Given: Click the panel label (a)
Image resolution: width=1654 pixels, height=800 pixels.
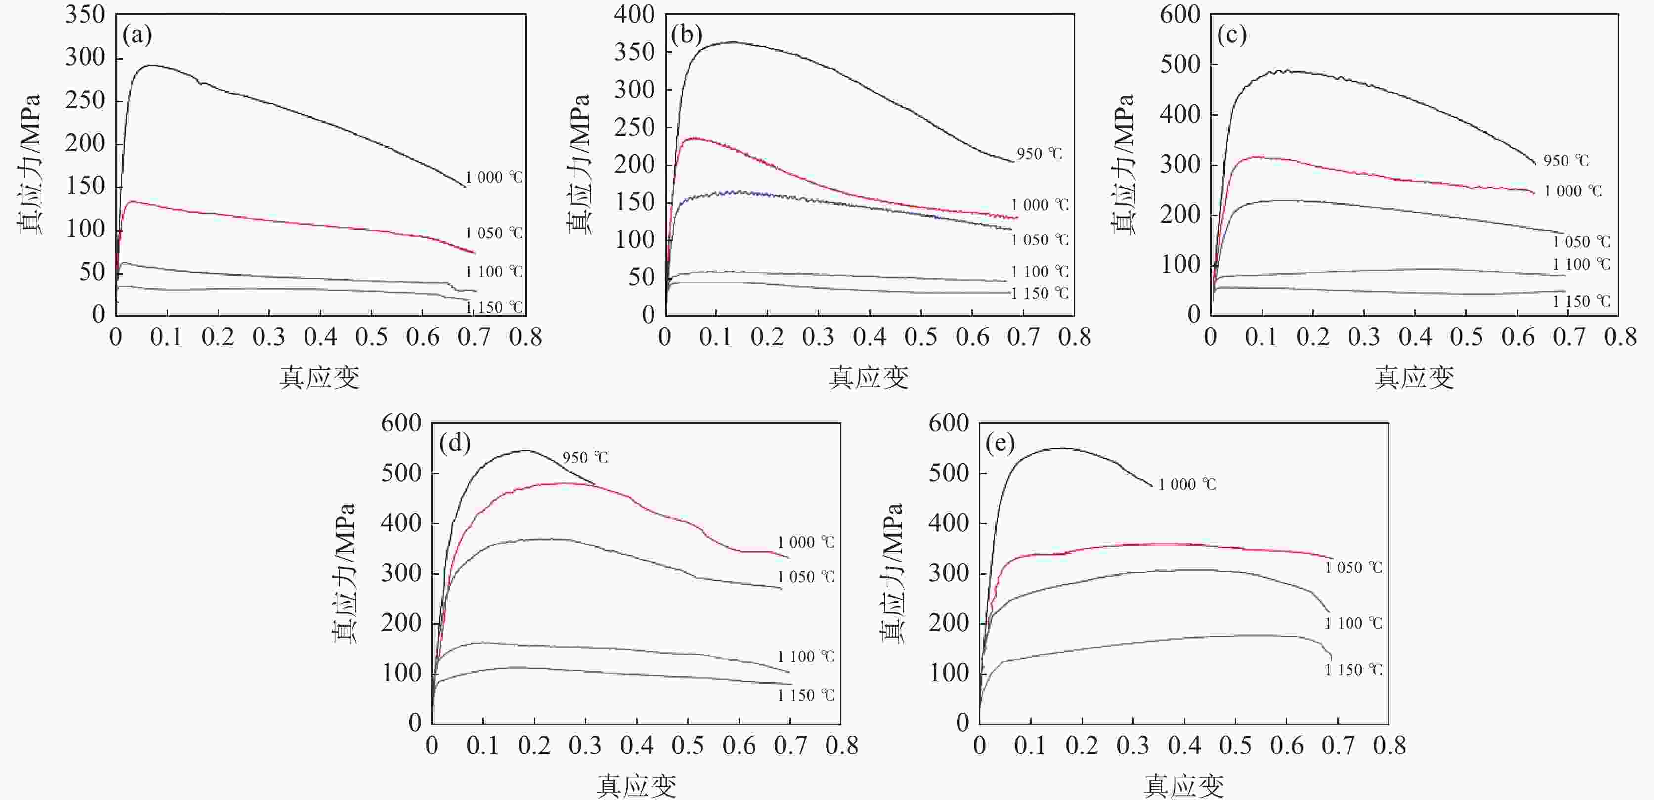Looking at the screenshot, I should pyautogui.click(x=137, y=35).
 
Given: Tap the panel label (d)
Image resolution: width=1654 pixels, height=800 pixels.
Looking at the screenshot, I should pyautogui.click(x=455, y=443).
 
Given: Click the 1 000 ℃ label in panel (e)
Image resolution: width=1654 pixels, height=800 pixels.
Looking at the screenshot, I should pyautogui.click(x=1186, y=484).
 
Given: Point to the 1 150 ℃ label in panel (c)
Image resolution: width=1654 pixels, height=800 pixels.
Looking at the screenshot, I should pyautogui.click(x=1581, y=301).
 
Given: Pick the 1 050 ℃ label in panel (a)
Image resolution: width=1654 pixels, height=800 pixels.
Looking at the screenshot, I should pyautogui.click(x=493, y=233).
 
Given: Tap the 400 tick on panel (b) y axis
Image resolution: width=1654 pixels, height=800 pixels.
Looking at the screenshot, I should pyautogui.click(x=634, y=14).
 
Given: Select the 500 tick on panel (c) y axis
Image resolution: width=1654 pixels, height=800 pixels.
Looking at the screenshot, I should pyautogui.click(x=1179, y=64).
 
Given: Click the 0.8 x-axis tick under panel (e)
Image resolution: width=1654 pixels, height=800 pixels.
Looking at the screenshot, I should pyautogui.click(x=1390, y=746).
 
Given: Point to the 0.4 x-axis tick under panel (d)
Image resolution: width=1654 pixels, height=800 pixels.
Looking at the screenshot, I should pyautogui.click(x=636, y=746).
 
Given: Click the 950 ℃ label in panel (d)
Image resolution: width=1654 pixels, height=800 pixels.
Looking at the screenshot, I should pyautogui.click(x=584, y=458).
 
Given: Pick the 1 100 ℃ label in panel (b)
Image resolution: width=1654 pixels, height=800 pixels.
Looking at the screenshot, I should pyautogui.click(x=1039, y=272).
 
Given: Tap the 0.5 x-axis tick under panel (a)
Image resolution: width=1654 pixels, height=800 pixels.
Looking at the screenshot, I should pyautogui.click(x=372, y=337).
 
